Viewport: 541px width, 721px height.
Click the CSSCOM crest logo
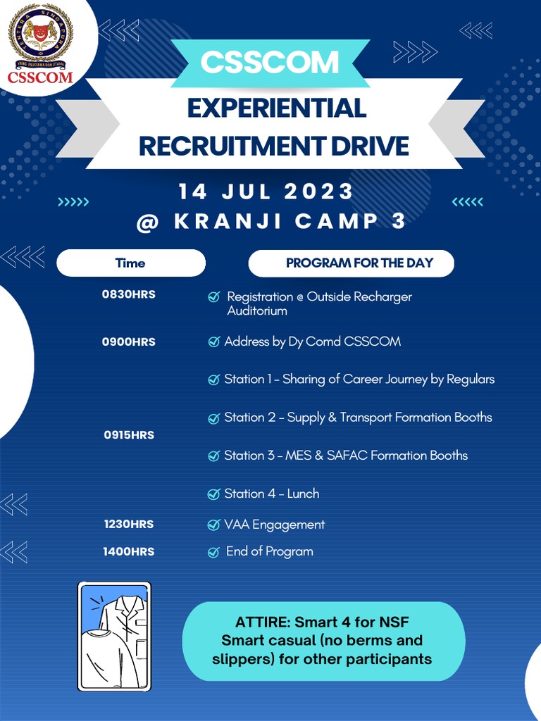click(x=40, y=41)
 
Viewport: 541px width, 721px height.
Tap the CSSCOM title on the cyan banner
click(x=270, y=62)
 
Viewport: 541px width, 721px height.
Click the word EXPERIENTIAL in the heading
click(x=276, y=108)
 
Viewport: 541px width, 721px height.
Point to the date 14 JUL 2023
click(x=266, y=192)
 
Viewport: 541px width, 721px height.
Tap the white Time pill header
click(x=130, y=263)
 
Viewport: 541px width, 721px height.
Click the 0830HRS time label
click(x=129, y=294)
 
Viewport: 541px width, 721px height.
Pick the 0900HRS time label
click(x=129, y=341)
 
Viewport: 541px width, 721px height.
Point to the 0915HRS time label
click(x=129, y=435)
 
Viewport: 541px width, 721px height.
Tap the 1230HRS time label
click(x=129, y=524)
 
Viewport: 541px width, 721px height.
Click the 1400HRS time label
click(x=129, y=551)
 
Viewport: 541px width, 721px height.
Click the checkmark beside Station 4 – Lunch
click(x=213, y=494)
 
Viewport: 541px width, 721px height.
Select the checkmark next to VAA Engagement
click(x=213, y=525)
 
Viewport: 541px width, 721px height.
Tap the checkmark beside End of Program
click(x=213, y=552)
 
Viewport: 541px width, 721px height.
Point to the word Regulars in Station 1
click(x=471, y=379)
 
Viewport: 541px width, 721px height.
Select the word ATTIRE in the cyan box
click(x=263, y=622)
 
